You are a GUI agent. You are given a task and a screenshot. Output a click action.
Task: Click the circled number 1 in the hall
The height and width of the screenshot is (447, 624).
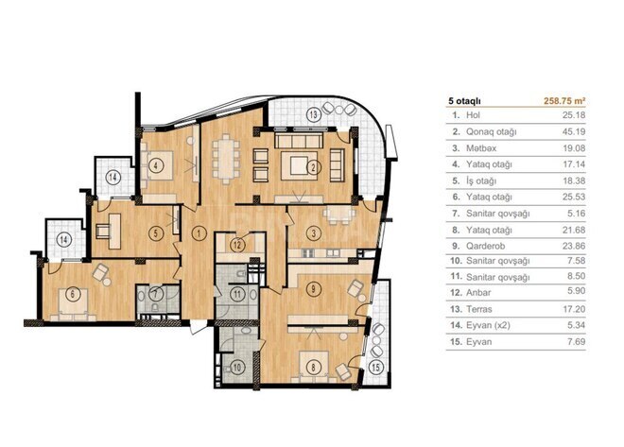click(x=199, y=232)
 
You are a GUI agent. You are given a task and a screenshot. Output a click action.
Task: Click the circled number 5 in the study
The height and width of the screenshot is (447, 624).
click(x=160, y=232)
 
